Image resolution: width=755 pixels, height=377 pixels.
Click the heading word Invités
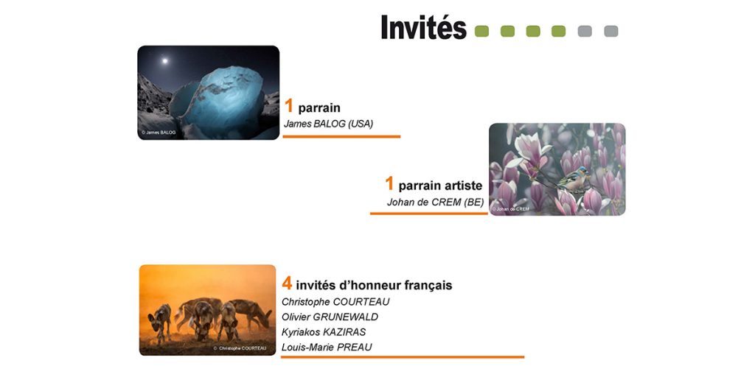424,27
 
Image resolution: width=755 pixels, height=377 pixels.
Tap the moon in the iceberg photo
164,61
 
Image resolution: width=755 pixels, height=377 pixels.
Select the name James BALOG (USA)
328,124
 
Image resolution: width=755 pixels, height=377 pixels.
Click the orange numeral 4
287,283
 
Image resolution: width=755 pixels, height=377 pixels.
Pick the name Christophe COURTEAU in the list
335,302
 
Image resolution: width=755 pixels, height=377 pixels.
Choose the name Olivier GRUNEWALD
330,317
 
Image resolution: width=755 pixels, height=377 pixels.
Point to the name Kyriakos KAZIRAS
324,332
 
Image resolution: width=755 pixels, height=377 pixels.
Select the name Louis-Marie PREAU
327,348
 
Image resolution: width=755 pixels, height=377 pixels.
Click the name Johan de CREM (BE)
435,202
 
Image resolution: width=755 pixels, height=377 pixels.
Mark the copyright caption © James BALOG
159,133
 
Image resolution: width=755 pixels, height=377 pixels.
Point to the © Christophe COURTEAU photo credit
240,348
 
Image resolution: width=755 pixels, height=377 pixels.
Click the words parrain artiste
440,186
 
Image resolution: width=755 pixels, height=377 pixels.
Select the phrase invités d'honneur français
374,285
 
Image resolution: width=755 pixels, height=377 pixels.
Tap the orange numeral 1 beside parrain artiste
389,183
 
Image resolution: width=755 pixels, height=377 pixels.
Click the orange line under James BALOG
341,136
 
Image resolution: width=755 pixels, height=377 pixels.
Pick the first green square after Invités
481,31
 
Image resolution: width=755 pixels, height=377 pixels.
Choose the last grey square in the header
611,31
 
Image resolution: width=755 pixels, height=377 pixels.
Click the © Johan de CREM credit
510,209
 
